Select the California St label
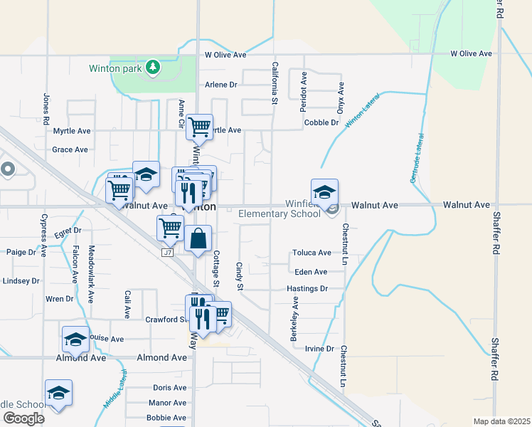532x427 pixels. click(x=274, y=83)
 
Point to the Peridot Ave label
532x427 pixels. click(x=304, y=90)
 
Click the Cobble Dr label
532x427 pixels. click(x=321, y=122)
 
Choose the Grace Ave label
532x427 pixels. click(x=70, y=150)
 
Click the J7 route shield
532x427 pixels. click(x=168, y=252)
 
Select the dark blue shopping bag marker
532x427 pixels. click(x=198, y=239)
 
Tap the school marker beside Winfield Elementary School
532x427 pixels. click(x=324, y=191)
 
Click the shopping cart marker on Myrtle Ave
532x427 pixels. click(x=201, y=127)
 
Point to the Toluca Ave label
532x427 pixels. click(x=312, y=253)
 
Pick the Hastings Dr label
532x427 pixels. click(x=307, y=289)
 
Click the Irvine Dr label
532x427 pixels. click(x=319, y=349)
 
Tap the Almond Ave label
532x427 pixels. click(x=83, y=357)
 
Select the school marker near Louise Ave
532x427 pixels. click(x=75, y=339)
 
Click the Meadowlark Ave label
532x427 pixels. click(x=90, y=275)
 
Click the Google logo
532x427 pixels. click(x=23, y=418)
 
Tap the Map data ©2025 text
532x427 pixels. click(x=501, y=421)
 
